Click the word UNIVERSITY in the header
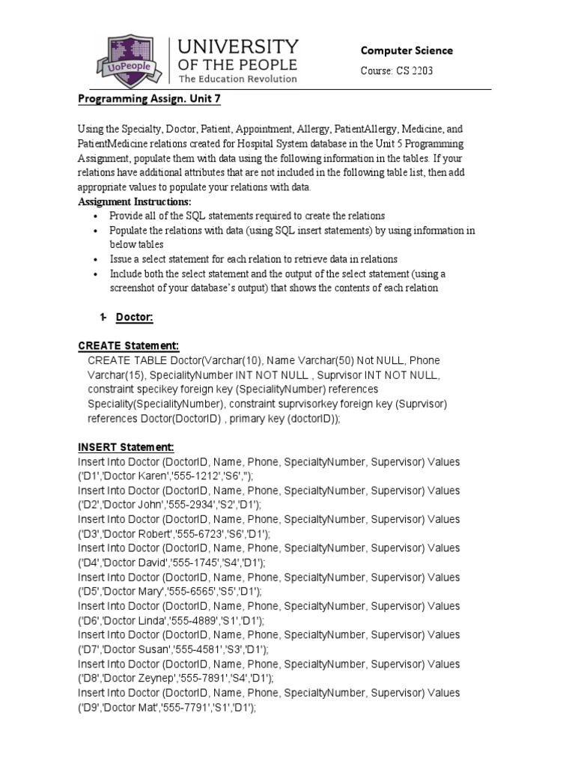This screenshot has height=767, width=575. (237, 47)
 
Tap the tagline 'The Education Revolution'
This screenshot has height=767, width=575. (237, 79)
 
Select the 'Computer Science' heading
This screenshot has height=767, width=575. (407, 51)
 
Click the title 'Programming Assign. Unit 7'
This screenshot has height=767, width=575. (150, 100)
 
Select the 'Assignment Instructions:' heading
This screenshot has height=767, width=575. (135, 202)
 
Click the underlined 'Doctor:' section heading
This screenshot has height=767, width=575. (135, 318)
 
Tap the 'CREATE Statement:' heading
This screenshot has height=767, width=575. (129, 346)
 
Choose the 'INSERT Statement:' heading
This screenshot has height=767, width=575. (126, 447)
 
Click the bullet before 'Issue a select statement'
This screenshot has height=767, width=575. (95, 259)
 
